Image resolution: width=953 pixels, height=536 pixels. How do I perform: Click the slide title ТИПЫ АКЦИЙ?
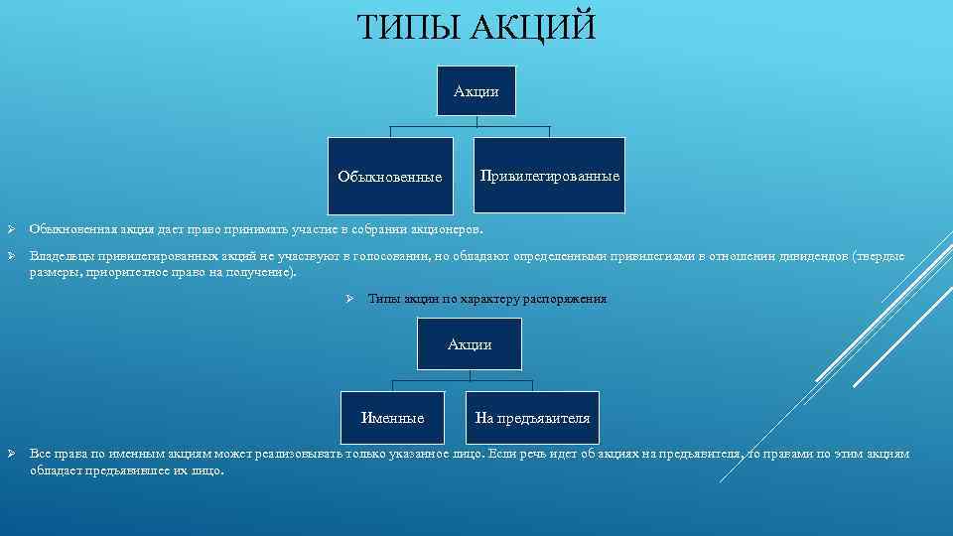pyautogui.click(x=476, y=28)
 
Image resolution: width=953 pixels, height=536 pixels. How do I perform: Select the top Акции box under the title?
pyautogui.click(x=476, y=91)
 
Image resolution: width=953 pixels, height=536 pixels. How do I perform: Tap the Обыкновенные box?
pyautogui.click(x=390, y=177)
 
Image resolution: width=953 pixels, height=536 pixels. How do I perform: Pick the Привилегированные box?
pyautogui.click(x=550, y=176)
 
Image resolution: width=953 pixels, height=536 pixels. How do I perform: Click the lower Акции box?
pyautogui.click(x=470, y=344)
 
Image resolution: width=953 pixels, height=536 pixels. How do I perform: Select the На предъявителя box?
pyautogui.click(x=532, y=418)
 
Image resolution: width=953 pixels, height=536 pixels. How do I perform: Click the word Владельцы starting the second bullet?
pyautogui.click(x=61, y=256)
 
